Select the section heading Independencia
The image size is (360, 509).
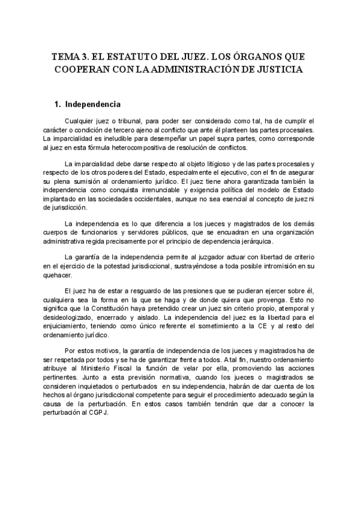click(x=92, y=104)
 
